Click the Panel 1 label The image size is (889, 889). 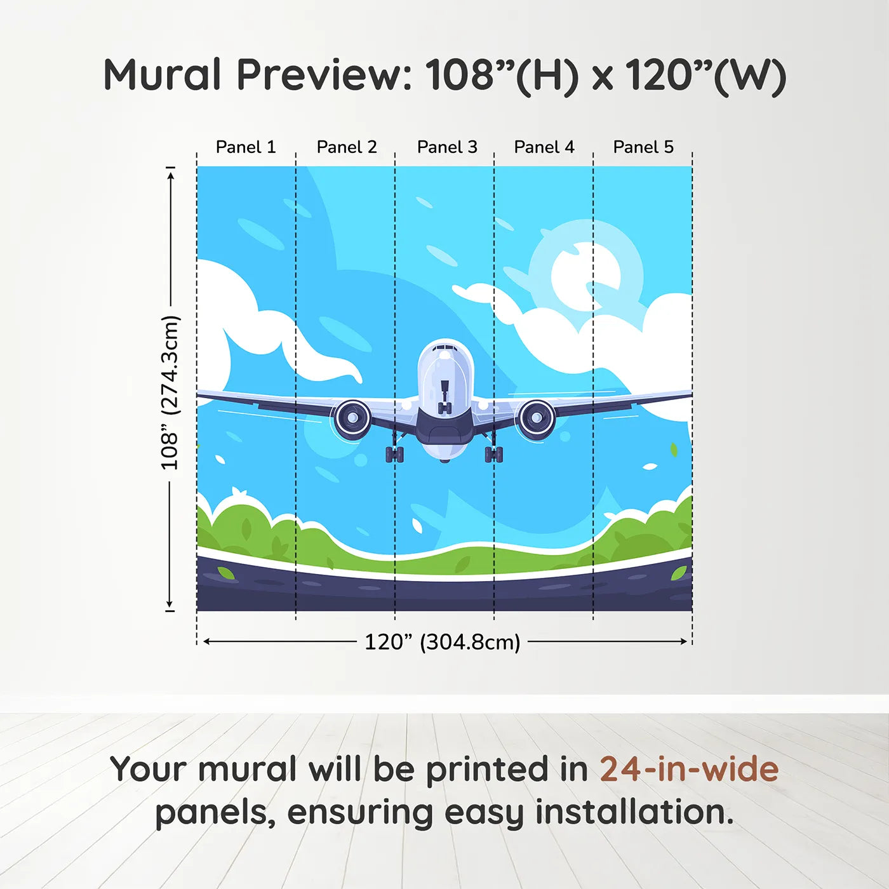246,147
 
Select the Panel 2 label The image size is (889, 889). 347,147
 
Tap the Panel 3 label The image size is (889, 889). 447,147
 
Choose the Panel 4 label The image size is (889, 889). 544,147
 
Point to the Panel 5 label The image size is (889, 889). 643,147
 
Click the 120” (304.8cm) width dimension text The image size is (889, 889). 443,642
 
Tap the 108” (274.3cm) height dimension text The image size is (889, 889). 170,393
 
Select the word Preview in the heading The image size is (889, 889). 324,76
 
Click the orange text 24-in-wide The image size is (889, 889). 689,769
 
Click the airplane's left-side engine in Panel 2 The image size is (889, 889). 352,418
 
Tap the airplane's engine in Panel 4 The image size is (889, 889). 537,418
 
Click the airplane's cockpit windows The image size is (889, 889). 446,349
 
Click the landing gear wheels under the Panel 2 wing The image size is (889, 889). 394,453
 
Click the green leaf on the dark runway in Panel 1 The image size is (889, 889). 225,573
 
